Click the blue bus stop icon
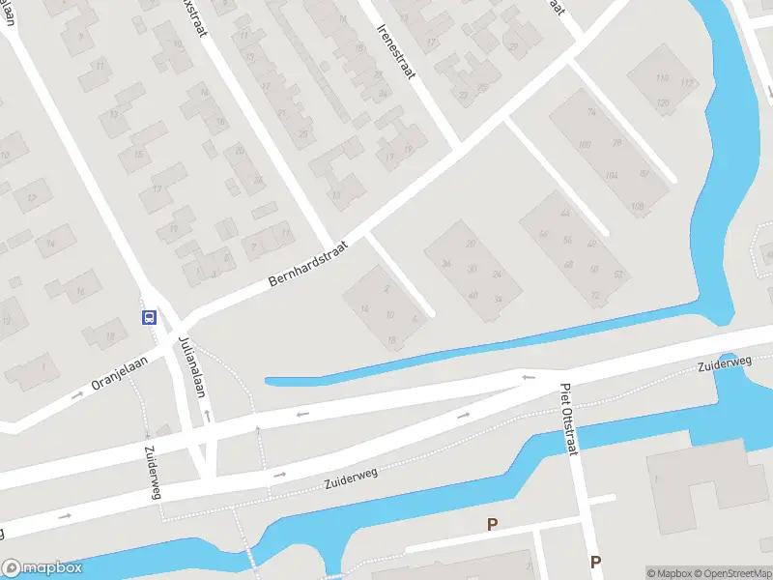[x=150, y=317]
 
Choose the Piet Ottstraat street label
[x=568, y=422]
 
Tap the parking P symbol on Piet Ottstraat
[x=595, y=562]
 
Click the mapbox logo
[x=42, y=568]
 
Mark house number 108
[x=637, y=207]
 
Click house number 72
[x=595, y=296]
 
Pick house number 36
[x=445, y=264]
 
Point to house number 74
[x=591, y=112]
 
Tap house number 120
[x=663, y=102]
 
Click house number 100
[x=584, y=145]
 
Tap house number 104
[x=610, y=176]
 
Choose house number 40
[x=472, y=295]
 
